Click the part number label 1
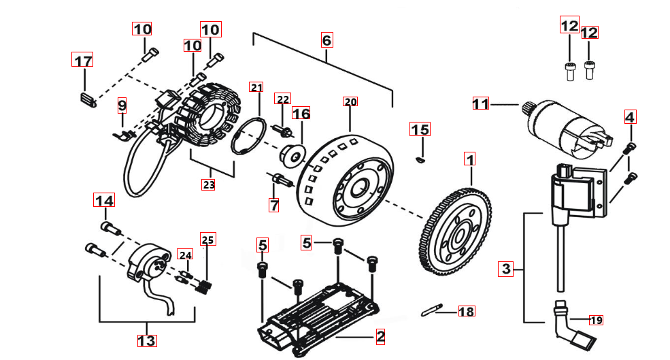coord(469,159)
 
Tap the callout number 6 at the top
coord(327,40)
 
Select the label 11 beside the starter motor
coord(481,104)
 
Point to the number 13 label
coord(147,340)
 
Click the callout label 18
coord(466,312)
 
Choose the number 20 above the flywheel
coord(350,102)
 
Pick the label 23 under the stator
coord(208,184)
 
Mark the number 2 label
coord(380,336)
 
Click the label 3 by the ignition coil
coord(505,268)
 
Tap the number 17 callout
coord(83,61)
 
